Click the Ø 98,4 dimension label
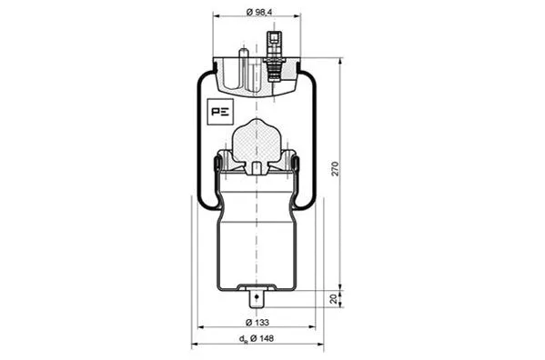pos(259,11)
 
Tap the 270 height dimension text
pos(335,169)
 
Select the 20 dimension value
pos(335,297)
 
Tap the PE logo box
pos(219,112)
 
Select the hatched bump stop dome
pos(257,142)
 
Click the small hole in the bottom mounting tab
pos(257,295)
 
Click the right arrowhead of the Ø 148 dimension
pos(321,345)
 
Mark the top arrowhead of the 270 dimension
pos(341,63)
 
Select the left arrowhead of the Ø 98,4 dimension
pos(216,16)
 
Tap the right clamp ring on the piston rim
pos(298,165)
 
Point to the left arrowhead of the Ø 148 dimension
pos(194,345)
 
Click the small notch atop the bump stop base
pos(257,166)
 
